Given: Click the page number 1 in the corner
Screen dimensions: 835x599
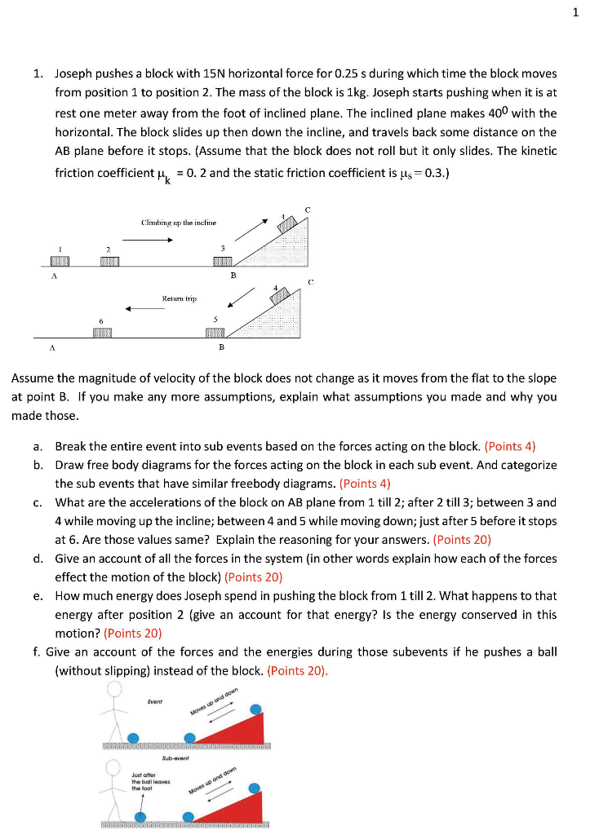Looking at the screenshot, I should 575,12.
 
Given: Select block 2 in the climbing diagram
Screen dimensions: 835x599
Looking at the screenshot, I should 110,261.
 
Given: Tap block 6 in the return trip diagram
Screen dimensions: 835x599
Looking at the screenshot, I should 102,333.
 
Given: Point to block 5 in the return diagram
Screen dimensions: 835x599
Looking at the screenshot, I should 215,333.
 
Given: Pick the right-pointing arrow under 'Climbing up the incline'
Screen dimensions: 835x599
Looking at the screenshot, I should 148,240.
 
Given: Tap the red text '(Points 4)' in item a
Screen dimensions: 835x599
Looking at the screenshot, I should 510,446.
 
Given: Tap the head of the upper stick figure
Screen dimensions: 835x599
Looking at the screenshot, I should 115,689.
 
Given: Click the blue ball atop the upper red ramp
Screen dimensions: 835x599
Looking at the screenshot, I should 257,709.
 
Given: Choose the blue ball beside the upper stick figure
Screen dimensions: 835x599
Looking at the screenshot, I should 132,738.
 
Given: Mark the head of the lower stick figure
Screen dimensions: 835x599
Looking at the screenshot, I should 115,767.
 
